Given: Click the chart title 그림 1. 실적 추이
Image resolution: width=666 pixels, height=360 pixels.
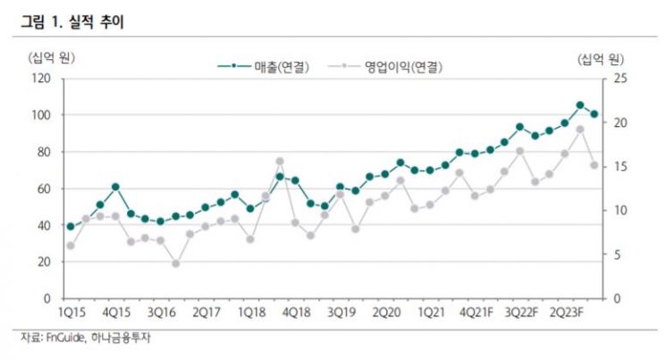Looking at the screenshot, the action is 72,21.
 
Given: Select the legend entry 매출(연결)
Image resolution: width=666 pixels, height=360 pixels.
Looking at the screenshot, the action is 264,67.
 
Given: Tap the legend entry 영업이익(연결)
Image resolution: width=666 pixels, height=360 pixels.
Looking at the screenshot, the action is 385,67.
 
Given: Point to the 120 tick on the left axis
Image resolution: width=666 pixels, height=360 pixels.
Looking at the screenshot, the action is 41,79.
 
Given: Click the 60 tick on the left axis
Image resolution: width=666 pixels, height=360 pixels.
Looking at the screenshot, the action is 44,188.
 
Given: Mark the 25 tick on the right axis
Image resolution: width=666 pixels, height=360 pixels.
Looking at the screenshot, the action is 620,79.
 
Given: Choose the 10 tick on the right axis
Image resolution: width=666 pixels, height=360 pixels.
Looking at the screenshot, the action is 620,211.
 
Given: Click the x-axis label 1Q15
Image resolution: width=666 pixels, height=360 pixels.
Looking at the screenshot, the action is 72,313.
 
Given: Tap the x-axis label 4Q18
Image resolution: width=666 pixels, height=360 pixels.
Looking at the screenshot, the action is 297,313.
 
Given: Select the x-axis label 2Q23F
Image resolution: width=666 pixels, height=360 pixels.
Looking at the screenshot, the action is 567,313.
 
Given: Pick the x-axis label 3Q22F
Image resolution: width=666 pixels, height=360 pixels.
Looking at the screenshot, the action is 521,313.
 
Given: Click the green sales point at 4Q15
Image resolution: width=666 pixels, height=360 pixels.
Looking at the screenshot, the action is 115,187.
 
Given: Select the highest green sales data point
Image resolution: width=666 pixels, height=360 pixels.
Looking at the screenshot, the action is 580,105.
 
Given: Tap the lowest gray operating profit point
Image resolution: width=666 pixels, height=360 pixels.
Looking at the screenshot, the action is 176,264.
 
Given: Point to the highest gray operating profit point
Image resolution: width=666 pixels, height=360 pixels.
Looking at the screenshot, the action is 580,130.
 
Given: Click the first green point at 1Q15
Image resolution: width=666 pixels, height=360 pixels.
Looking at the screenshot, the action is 71,227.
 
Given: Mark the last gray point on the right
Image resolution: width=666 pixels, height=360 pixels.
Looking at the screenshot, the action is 594,165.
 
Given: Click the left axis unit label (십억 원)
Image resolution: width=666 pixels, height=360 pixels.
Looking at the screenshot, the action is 51,58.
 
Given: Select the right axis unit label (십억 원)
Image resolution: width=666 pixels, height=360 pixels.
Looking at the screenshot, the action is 600,60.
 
